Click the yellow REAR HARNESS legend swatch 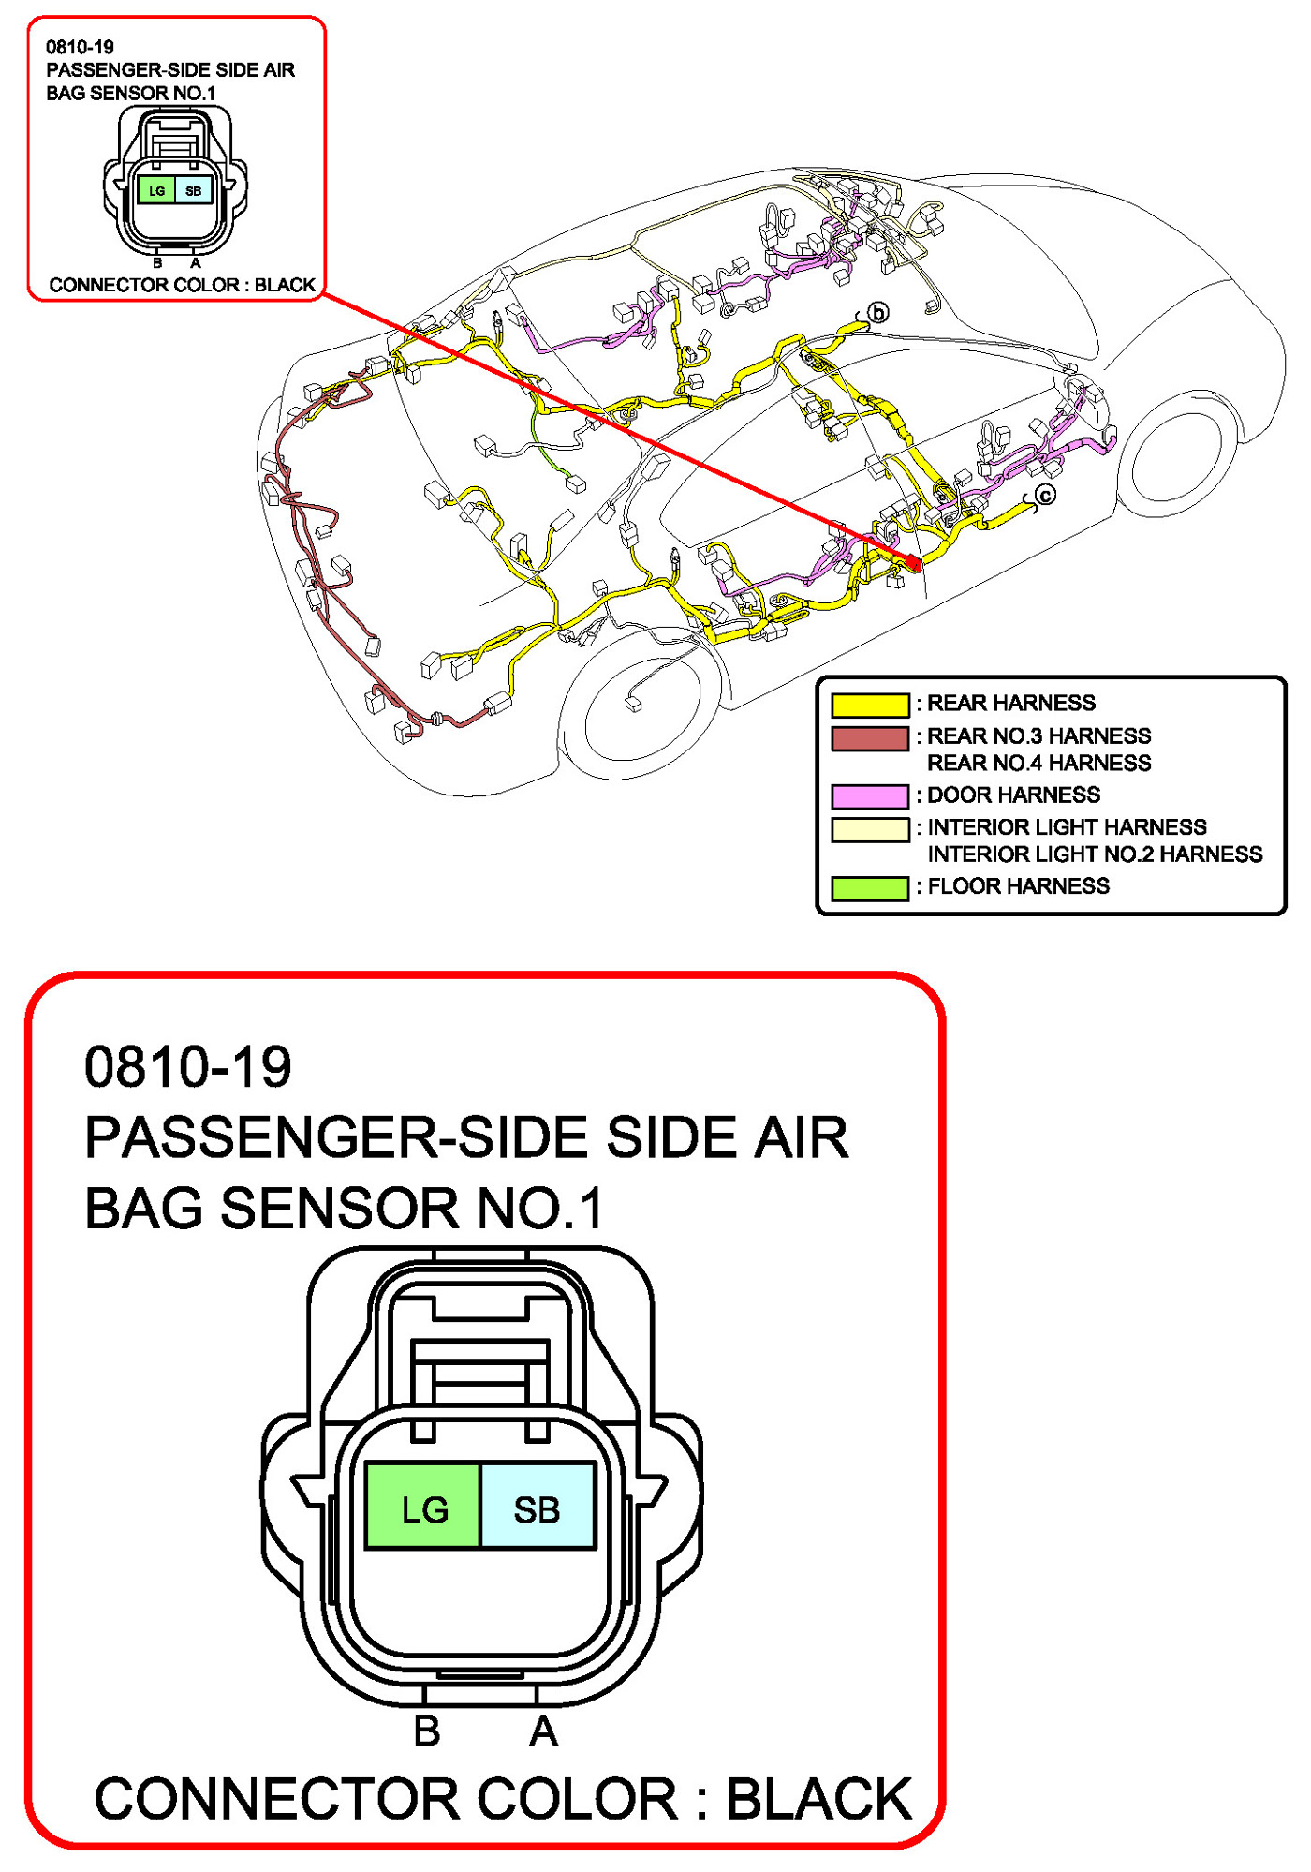pos(870,705)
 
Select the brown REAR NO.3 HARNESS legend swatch pos(870,738)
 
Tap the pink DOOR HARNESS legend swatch pos(870,796)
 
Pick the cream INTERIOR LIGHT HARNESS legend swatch pos(870,829)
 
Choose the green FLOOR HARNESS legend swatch pos(870,887)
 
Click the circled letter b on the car pos(878,313)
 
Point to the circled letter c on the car pos(1045,495)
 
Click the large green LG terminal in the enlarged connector pos(423,1509)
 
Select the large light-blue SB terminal pos(538,1509)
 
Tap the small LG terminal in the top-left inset pos(156,191)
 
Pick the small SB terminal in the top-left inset pos(193,191)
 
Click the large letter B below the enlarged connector pos(427,1731)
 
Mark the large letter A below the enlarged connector pos(543,1731)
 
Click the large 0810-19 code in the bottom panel pos(188,1067)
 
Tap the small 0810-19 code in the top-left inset pos(80,47)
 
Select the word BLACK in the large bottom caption pos(818,1799)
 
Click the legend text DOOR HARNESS pos(1013,795)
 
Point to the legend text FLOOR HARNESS pos(1018,886)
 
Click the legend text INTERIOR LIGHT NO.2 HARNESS pos(1095,854)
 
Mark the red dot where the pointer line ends pos(913,562)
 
